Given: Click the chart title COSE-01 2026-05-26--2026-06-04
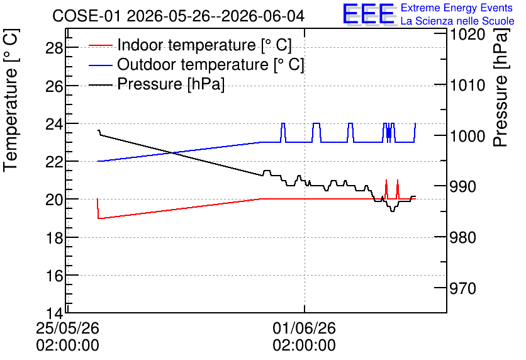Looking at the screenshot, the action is coord(178,16).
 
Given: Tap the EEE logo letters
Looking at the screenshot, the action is coord(369,14).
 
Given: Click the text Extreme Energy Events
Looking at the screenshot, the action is coord(457,8).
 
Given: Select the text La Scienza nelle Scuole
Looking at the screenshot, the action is coord(457,21).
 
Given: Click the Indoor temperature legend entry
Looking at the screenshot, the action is coord(190,45).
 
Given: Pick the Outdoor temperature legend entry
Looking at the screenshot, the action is coord(196,64).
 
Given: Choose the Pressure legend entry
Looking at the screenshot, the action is coord(157,84).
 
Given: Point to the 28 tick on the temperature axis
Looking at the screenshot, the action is coord(54,48).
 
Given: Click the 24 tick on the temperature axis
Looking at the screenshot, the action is coord(54,124).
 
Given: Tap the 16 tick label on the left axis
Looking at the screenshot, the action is coord(54,276).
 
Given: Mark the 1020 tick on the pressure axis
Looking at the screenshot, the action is coord(467,34).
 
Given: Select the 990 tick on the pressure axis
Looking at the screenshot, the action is coord(462,186).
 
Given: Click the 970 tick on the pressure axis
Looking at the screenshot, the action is coord(462,288).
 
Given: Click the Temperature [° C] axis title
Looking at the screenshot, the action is coord(11,101).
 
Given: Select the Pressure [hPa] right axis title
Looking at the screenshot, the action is coord(501,87).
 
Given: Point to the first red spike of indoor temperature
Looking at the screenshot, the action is coord(386,189).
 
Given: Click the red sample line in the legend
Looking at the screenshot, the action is coord(100,45).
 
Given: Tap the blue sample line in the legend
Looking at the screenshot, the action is coord(100,65).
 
